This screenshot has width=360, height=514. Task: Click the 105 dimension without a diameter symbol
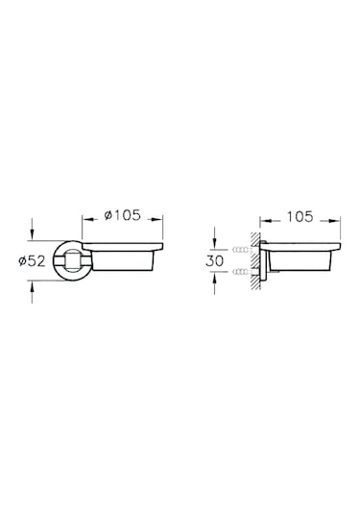coord(301,216)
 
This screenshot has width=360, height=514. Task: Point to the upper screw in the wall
coord(240,249)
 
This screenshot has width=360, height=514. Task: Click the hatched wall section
coord(252,261)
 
